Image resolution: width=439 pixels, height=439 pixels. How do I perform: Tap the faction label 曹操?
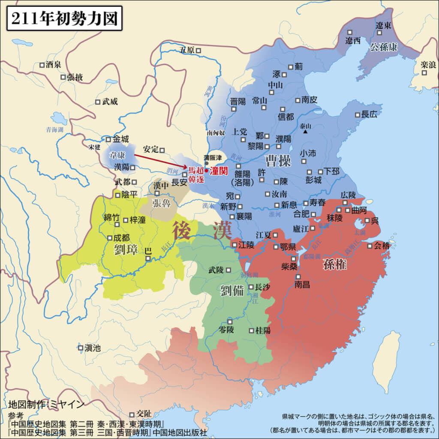[x=278, y=161]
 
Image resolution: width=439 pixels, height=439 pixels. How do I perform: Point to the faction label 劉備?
[x=232, y=290]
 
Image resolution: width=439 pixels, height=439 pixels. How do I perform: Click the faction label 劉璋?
[x=126, y=250]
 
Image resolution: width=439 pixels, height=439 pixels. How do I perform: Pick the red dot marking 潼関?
[x=206, y=170]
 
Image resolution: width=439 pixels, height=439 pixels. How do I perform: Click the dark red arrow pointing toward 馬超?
[x=159, y=161]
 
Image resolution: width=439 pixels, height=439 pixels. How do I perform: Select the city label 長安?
[x=179, y=182]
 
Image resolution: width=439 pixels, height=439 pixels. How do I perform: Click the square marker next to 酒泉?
[x=42, y=65]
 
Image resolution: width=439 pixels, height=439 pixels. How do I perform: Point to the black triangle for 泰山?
[x=305, y=132]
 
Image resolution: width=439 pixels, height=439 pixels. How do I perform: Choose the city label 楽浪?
[x=428, y=65]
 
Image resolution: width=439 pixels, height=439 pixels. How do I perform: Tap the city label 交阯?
[x=144, y=414]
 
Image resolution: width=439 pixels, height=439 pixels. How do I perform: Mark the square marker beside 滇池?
[x=80, y=348]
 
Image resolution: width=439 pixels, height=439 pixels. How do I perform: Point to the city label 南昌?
[x=302, y=284]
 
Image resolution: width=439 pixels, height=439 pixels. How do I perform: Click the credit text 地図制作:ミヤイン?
[x=46, y=404]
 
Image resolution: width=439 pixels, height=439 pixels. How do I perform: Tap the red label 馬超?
[x=195, y=170]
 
